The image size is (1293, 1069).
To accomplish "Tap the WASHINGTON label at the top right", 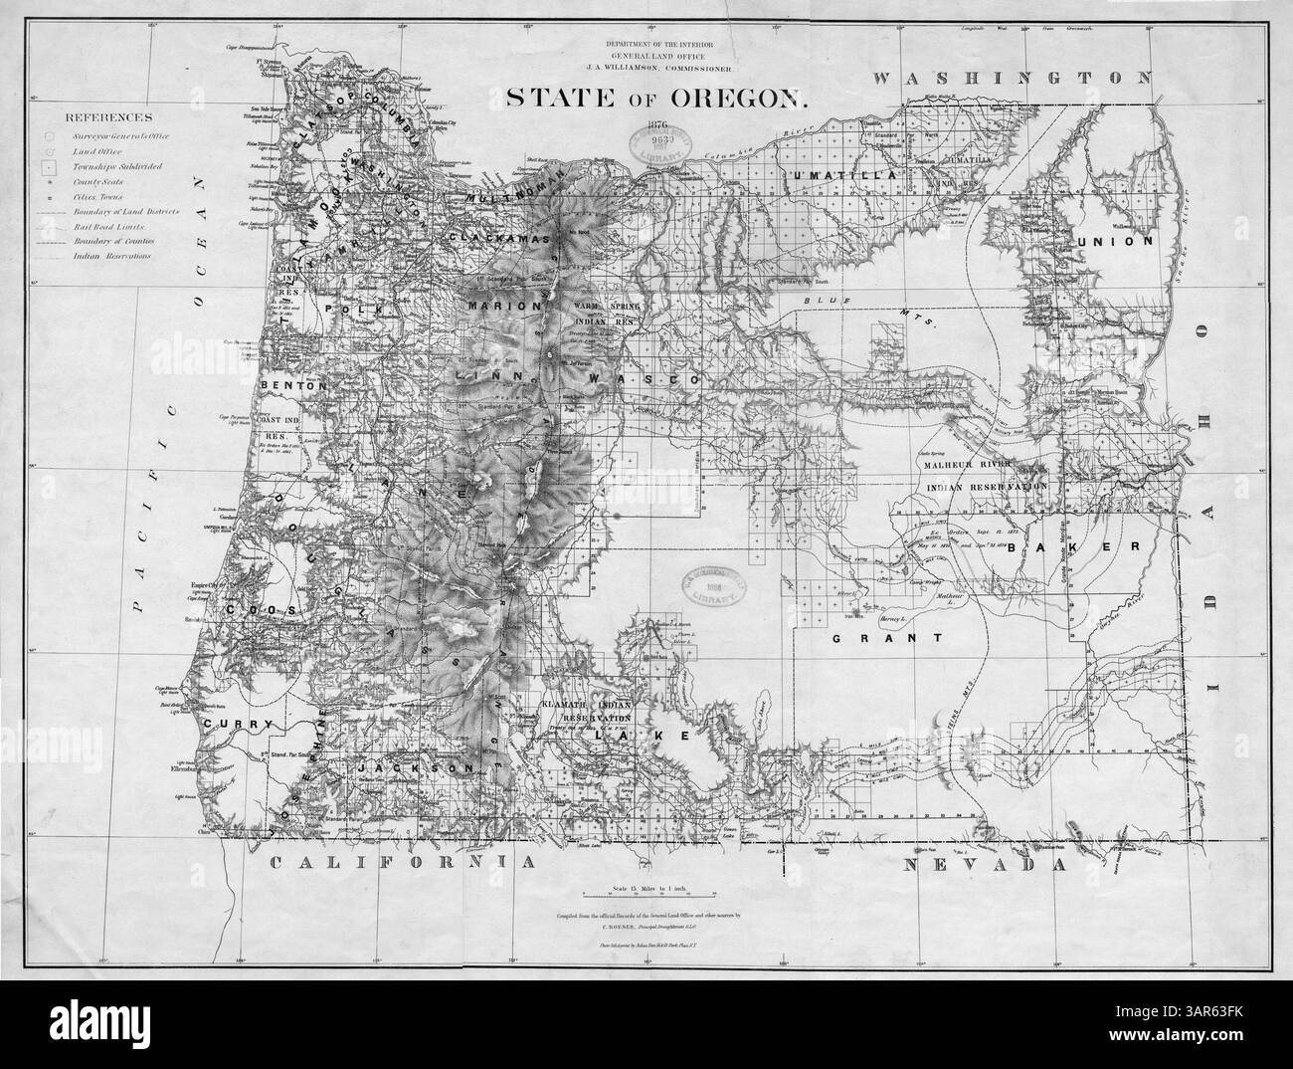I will pyautogui.click(x=1012, y=78).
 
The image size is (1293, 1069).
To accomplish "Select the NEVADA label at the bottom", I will pyautogui.click(x=984, y=866).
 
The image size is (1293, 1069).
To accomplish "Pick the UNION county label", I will pyautogui.click(x=1126, y=241).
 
